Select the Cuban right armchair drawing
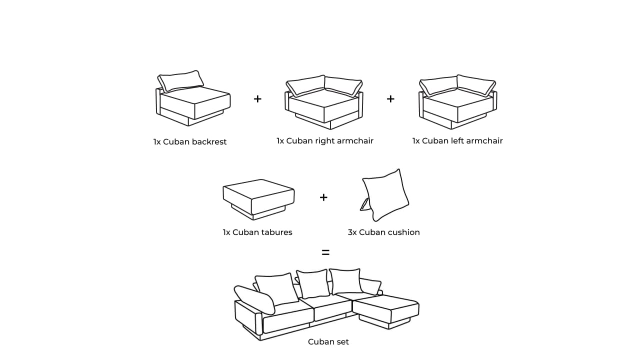tap(324, 102)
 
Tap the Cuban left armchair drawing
tap(457, 102)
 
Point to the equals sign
tap(325, 253)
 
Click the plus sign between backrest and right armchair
tap(257, 99)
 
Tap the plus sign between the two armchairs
tap(390, 99)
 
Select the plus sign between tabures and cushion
tap(323, 197)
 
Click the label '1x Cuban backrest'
tap(190, 142)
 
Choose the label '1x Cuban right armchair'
tap(325, 141)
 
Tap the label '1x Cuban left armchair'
tap(457, 141)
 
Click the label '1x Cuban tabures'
tap(257, 232)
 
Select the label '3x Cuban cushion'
tap(384, 232)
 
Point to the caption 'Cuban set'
tap(328, 342)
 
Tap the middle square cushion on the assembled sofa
tap(313, 283)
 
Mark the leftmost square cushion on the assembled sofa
tap(276, 288)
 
